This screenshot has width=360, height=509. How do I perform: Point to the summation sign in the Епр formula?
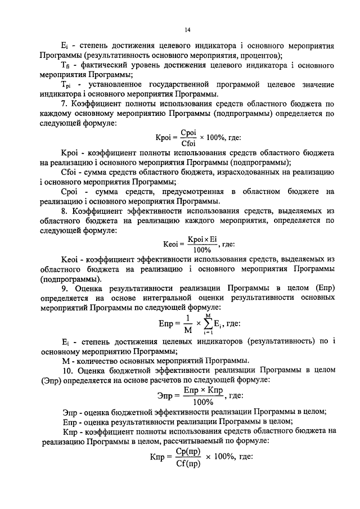(x=208, y=325)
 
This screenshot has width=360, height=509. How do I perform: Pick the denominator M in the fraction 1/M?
(x=187, y=331)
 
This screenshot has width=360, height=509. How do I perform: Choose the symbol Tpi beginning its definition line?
(x=66, y=85)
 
